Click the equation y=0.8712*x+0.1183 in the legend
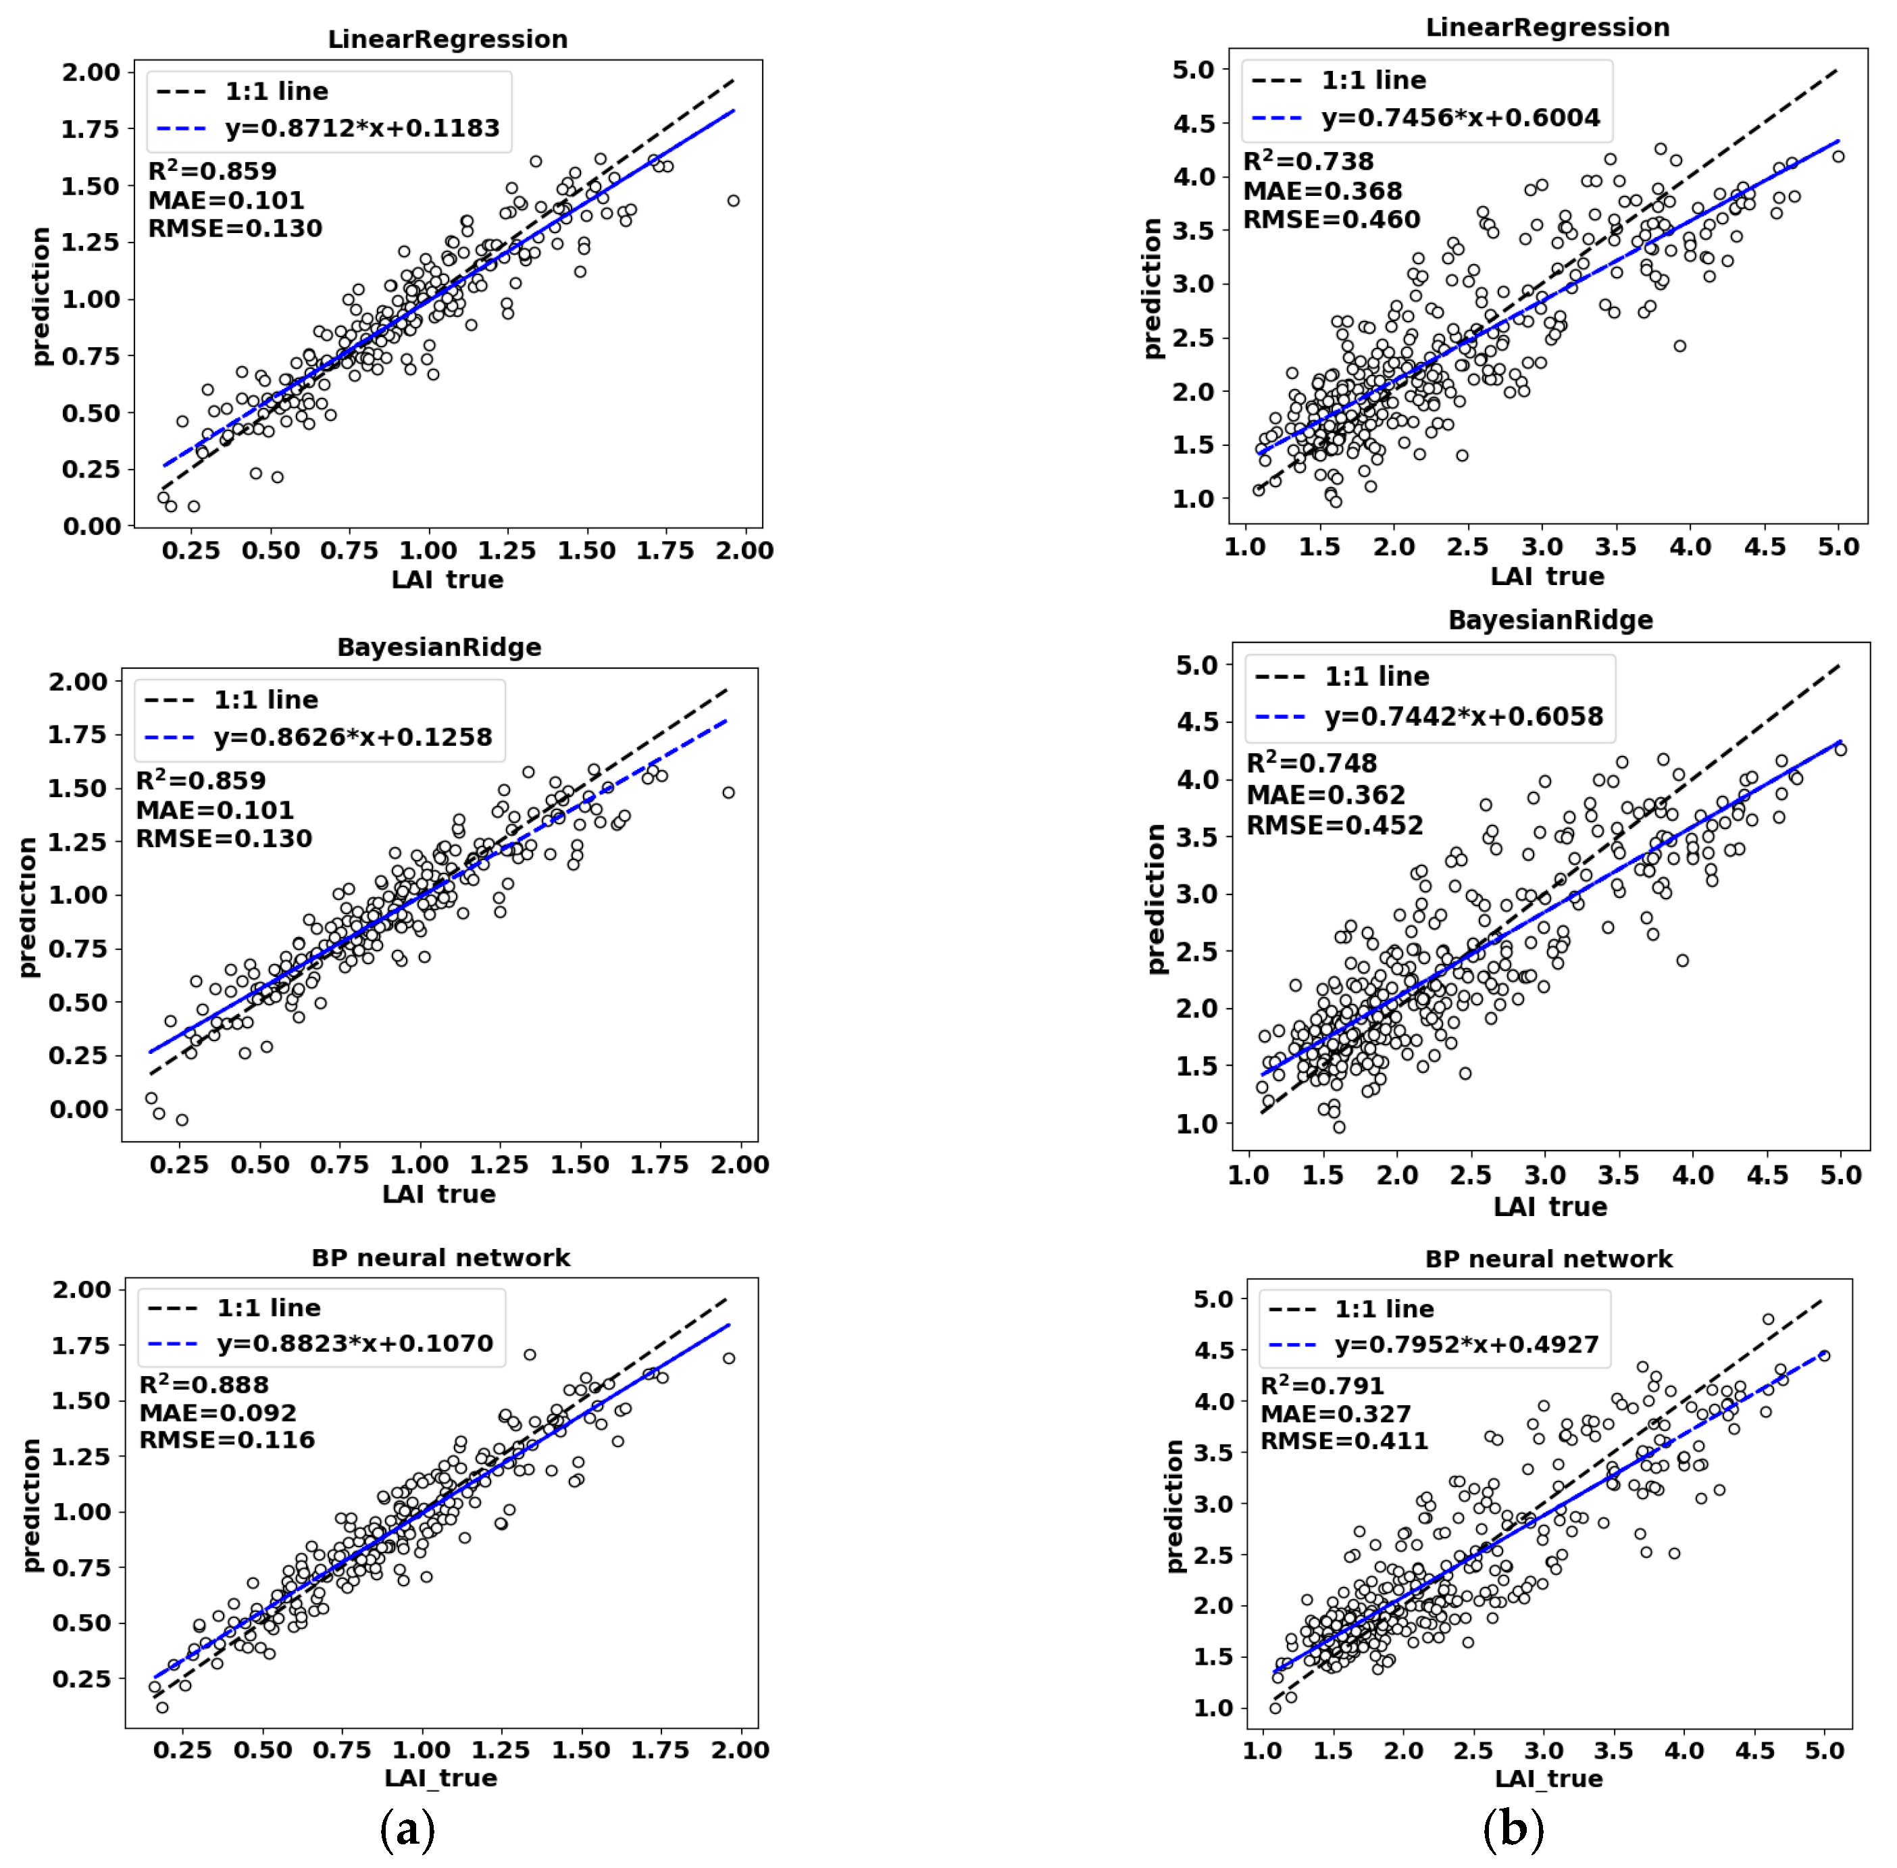362,128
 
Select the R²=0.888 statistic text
204,1384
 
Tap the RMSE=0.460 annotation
1331,220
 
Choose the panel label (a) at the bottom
407,1827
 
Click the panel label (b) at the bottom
1513,1827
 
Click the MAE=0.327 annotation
1335,1414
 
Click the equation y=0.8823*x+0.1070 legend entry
355,1343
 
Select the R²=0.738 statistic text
1309,161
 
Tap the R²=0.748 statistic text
1311,763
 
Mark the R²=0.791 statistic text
1322,1386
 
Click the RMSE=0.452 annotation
1334,825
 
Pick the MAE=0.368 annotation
1322,191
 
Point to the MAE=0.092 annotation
218,1413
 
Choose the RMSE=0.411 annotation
1344,1441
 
